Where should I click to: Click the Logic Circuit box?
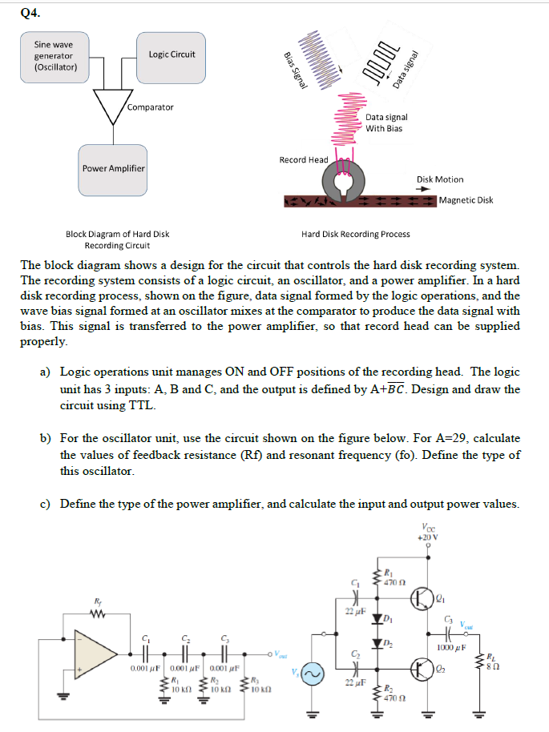pos(171,54)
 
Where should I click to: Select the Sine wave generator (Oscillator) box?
pos(55,56)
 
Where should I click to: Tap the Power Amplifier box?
pos(113,168)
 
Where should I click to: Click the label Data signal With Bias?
pos(386,123)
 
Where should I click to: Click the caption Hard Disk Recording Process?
pos(355,234)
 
